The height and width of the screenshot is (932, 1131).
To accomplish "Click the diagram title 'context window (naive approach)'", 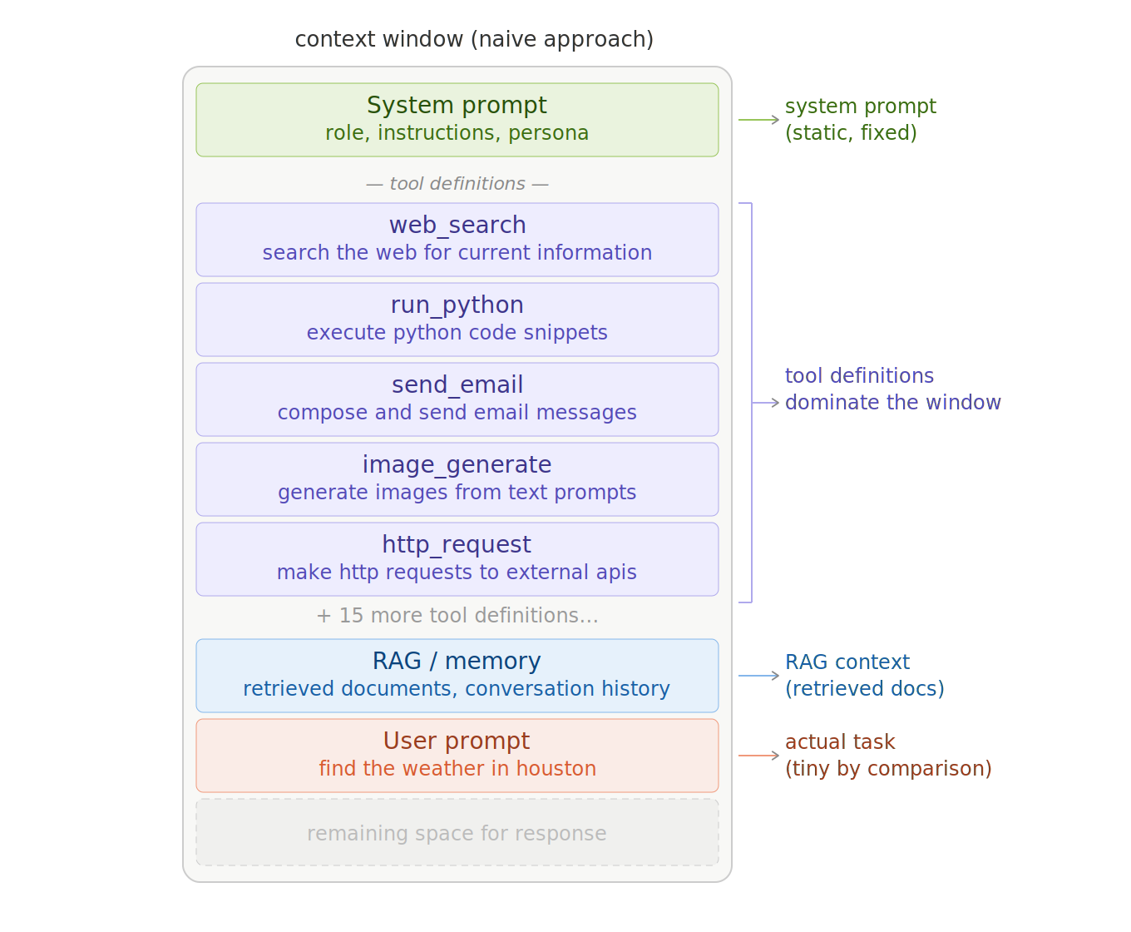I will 474,39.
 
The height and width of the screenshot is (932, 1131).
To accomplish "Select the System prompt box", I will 457,119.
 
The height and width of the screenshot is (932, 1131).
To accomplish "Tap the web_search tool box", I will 457,239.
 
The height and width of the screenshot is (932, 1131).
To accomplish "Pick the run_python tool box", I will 457,319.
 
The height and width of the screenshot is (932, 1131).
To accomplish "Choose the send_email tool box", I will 457,399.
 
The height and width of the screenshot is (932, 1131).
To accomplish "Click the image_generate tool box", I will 457,478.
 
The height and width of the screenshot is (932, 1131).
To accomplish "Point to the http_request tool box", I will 457,558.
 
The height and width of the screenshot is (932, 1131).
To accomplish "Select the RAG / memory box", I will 457,675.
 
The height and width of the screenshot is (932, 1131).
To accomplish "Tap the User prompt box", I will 457,755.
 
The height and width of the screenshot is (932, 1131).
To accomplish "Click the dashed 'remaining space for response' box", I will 457,833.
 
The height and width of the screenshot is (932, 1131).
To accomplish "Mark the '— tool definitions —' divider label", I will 457,184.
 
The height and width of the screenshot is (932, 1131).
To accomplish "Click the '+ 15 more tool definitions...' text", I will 457,616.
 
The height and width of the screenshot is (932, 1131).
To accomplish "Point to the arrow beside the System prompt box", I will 758,120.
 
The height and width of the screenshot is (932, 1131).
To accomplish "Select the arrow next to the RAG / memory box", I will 758,676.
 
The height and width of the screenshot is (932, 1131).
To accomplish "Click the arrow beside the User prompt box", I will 758,756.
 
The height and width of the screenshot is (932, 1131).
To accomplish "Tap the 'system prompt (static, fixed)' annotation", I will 860,119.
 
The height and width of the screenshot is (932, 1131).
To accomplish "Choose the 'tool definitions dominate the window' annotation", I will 892,389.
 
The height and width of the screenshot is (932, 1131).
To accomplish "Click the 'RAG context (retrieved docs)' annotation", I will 864,675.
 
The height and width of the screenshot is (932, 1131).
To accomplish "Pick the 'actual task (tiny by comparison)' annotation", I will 887,755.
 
